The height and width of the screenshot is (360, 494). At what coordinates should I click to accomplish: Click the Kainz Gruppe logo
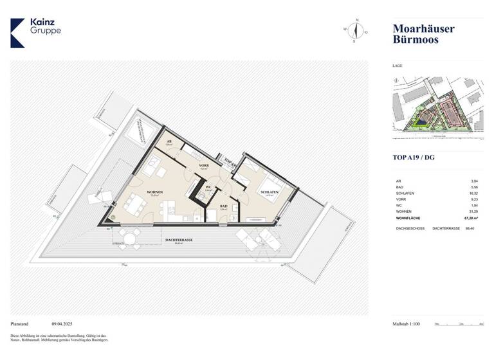tap(36, 32)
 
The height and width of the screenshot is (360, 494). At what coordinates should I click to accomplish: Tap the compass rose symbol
tap(355, 30)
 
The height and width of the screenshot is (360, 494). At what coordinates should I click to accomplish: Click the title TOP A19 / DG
tap(414, 157)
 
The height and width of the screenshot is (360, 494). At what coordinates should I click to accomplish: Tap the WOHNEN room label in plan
tap(154, 192)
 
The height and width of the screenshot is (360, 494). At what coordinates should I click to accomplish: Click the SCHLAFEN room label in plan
tap(269, 192)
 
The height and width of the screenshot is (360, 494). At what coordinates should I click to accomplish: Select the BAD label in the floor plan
tap(223, 206)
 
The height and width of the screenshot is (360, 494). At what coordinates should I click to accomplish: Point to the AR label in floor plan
tap(169, 141)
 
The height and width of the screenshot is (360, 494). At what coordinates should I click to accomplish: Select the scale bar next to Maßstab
tap(458, 324)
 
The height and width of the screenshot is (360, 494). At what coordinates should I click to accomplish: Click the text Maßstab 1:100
tap(406, 324)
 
